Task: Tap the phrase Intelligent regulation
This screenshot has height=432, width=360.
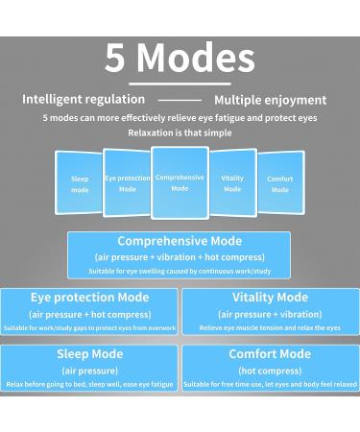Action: [84, 99]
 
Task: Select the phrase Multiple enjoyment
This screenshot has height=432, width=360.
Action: [270, 100]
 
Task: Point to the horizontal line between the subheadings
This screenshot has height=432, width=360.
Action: [180, 100]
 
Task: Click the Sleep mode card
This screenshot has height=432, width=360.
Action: [80, 183]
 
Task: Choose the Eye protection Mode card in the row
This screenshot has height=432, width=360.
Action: [128, 182]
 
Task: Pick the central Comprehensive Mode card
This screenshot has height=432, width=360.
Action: [180, 181]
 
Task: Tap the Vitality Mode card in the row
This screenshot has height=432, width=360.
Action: [232, 182]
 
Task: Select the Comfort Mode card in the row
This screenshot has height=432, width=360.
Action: [280, 183]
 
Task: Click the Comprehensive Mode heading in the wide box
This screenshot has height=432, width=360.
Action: [180, 241]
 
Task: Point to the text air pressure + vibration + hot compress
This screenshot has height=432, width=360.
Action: [180, 257]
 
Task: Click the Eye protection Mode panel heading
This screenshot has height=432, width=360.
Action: [89, 298]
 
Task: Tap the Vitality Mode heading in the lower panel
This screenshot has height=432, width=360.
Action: [270, 298]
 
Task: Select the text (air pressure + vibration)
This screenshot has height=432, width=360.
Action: [270, 314]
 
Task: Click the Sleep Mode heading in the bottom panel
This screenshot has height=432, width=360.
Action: [89, 354]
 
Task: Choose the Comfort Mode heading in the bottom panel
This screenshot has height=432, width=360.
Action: [270, 354]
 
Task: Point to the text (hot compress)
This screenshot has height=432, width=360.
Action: [270, 370]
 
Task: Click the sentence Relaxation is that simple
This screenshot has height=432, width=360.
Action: [180, 132]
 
